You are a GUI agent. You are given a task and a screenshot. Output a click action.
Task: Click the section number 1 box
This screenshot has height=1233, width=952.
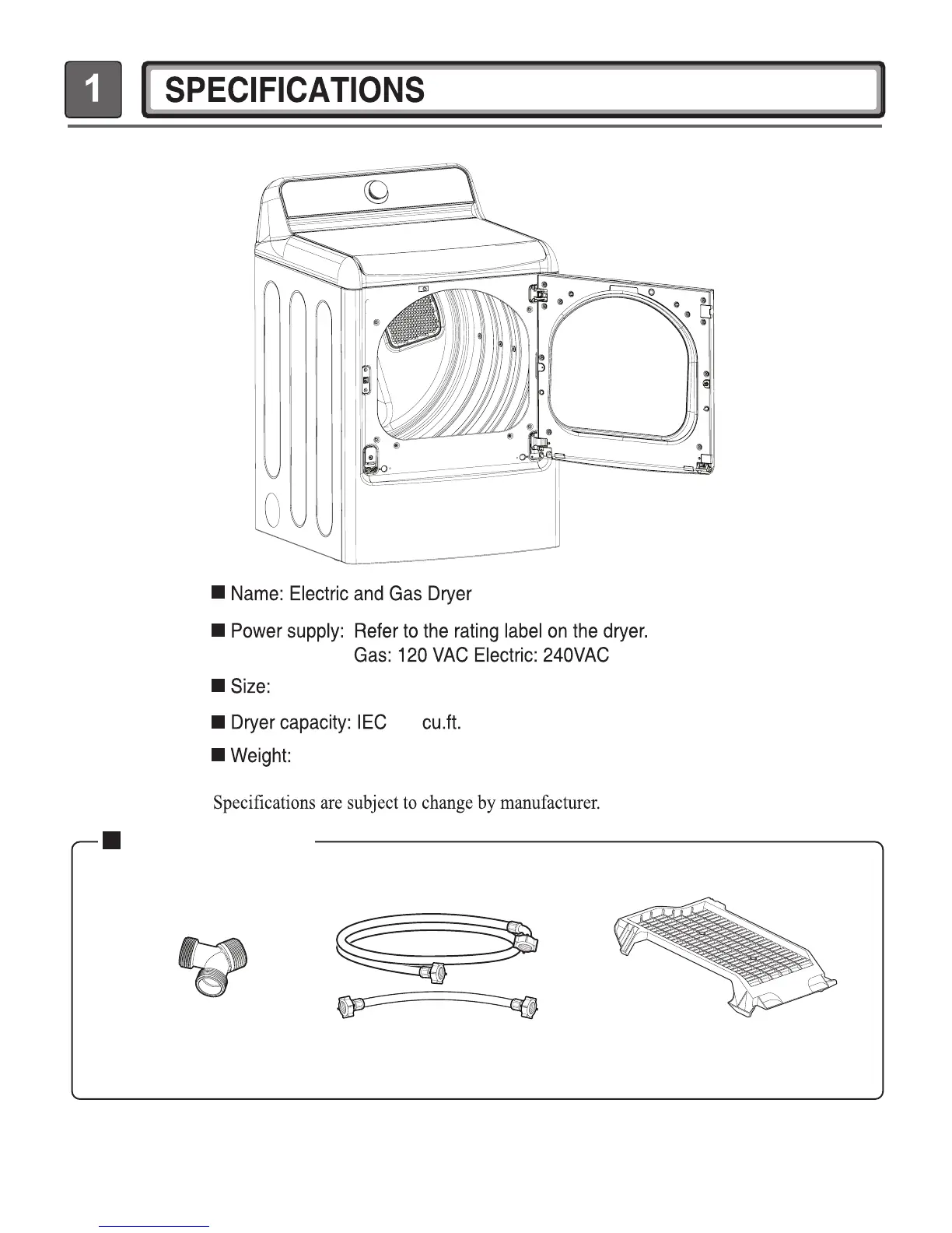[93, 90]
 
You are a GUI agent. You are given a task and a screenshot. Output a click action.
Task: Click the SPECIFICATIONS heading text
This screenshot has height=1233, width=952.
[296, 90]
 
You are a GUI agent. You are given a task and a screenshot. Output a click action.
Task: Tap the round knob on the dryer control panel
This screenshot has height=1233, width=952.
[376, 190]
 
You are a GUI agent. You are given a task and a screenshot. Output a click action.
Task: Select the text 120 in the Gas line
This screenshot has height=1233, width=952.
[412, 655]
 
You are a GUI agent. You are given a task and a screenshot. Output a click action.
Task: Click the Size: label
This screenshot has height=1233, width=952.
[250, 687]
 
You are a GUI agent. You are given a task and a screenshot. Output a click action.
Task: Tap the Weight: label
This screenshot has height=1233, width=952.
[261, 756]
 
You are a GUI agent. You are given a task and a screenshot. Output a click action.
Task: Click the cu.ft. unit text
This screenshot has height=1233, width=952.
[442, 723]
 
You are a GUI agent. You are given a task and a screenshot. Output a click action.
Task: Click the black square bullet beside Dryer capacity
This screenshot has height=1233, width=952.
[219, 722]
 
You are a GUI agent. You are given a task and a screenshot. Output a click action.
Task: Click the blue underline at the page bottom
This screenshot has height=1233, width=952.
[155, 1226]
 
